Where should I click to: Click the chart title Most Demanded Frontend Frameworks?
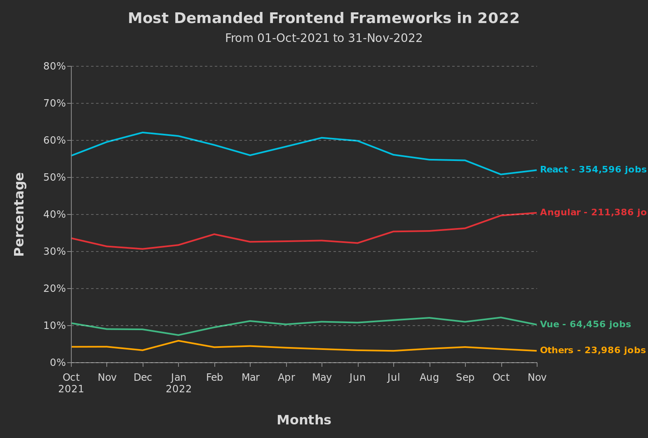[324, 19]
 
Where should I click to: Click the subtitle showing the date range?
[324, 38]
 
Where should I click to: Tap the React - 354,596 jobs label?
[593, 170]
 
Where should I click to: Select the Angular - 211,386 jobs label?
[593, 212]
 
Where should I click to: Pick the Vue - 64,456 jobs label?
[585, 324]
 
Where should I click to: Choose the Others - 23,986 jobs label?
[592, 350]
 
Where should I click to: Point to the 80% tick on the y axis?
[55, 66]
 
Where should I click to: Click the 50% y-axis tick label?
[55, 177]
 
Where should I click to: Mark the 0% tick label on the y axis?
[58, 363]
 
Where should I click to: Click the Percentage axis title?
[19, 214]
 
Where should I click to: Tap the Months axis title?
[304, 420]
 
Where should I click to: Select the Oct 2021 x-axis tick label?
[71, 383]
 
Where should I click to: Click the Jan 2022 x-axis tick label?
[178, 383]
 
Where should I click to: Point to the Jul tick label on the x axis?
[394, 377]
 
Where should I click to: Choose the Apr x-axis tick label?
[286, 377]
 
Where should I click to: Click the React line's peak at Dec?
[143, 133]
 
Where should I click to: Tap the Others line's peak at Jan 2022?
[178, 340]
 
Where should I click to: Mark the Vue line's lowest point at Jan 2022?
[178, 335]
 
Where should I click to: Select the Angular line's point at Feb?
[214, 234]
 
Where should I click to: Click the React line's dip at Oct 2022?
[501, 175]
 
